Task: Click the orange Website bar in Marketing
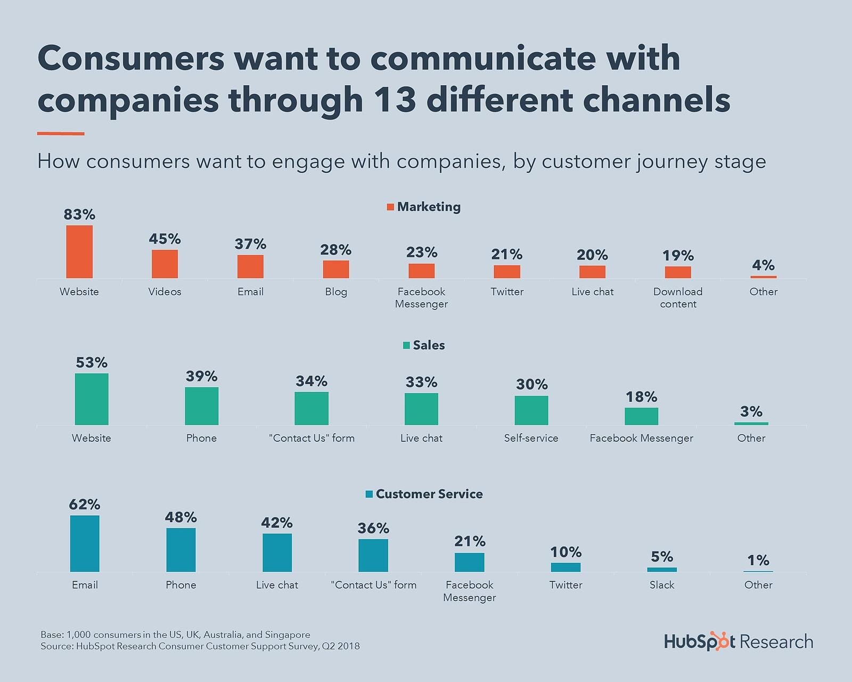point(79,251)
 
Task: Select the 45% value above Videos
point(165,239)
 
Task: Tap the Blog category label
point(336,291)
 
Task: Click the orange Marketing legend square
point(390,207)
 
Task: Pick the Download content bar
point(678,272)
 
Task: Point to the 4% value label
point(763,265)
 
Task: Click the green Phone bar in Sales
point(201,406)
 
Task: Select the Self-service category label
point(531,438)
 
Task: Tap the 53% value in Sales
point(92,363)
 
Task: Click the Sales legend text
point(429,345)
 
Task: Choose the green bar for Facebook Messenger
point(641,416)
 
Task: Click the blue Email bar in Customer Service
point(85,543)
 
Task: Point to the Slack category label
point(662,584)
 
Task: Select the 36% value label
point(373,528)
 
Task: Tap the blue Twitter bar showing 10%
point(566,567)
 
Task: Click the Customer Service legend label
point(429,494)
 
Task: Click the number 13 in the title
point(395,100)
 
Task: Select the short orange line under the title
point(61,134)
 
